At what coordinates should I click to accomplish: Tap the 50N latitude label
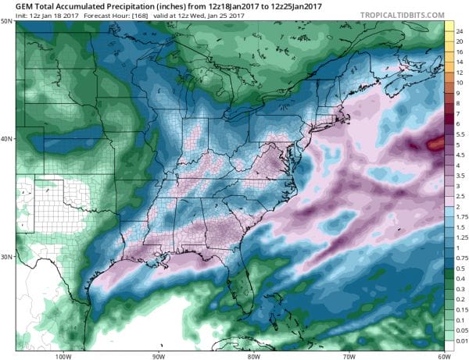[x=7, y=22]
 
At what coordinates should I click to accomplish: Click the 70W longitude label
[x=347, y=356]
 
